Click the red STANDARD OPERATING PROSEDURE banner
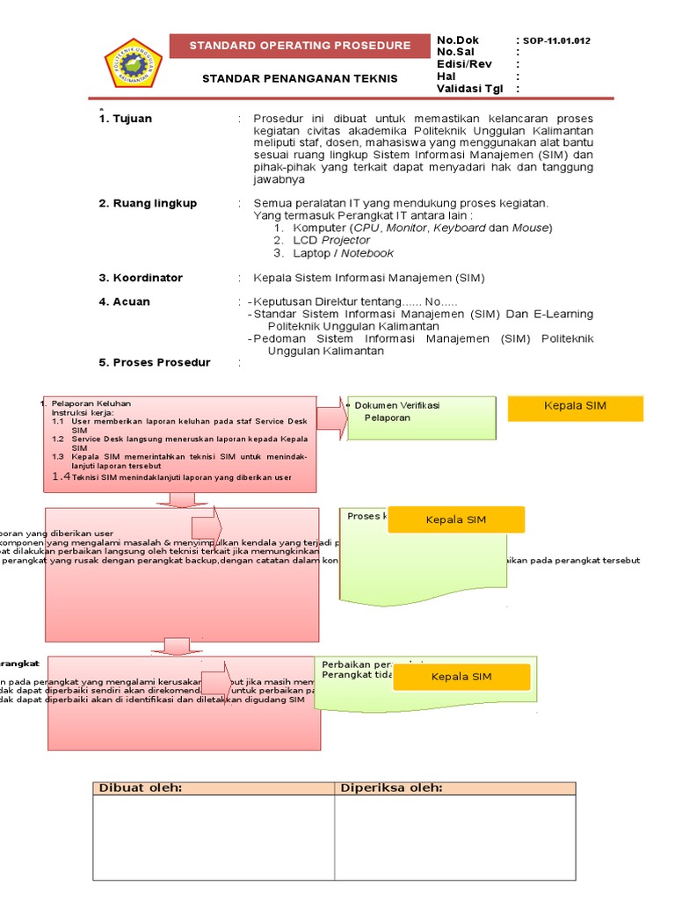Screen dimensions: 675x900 pyautogui.click(x=300, y=46)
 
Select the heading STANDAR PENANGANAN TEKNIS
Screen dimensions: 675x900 pyautogui.click(x=300, y=78)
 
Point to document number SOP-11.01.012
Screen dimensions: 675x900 pyautogui.click(x=556, y=41)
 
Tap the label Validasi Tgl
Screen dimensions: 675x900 pyautogui.click(x=470, y=89)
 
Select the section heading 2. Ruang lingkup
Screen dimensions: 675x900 pyautogui.click(x=148, y=203)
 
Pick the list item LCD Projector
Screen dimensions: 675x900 pyautogui.click(x=331, y=240)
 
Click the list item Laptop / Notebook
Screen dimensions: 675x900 pyautogui.click(x=343, y=253)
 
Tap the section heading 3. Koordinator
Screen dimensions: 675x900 pyautogui.click(x=141, y=278)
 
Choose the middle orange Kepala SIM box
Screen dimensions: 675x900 pyautogui.click(x=456, y=519)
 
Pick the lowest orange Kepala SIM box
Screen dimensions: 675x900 pyautogui.click(x=461, y=677)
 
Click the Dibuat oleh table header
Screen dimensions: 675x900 pyautogui.click(x=141, y=787)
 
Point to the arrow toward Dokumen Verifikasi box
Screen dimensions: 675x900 pyautogui.click(x=331, y=417)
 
